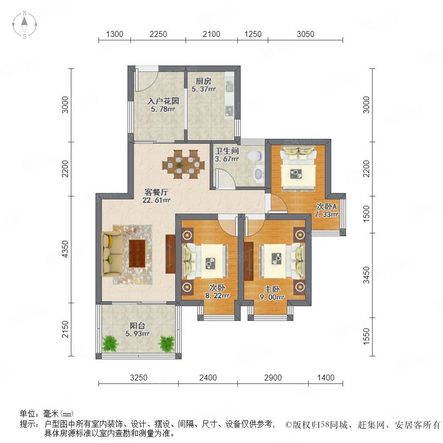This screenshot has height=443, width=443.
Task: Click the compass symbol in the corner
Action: [x=25, y=25]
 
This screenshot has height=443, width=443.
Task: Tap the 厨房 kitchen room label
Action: [x=203, y=81]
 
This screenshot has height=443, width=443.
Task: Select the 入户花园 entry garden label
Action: [x=163, y=101]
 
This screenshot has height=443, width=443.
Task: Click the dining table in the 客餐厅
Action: [x=184, y=164]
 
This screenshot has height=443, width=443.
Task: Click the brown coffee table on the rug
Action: [x=137, y=253]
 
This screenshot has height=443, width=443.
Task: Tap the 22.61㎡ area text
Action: [x=156, y=200]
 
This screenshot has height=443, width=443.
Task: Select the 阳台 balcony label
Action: [x=137, y=325]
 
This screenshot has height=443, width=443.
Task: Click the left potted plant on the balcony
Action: [x=111, y=344]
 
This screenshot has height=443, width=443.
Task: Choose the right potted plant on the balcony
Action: [x=166, y=344]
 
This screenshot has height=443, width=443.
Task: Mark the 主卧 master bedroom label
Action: [x=272, y=289]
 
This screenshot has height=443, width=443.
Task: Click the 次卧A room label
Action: [x=326, y=207]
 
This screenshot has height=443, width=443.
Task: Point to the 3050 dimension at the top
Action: [x=305, y=34]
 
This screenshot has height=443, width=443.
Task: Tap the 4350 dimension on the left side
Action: [x=65, y=249]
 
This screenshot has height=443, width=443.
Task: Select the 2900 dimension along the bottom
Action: [x=273, y=378]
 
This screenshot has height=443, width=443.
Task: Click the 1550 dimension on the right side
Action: [x=366, y=336]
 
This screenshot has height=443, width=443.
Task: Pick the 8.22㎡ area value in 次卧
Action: [x=217, y=296]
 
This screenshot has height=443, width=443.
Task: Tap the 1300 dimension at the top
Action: [x=115, y=34]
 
